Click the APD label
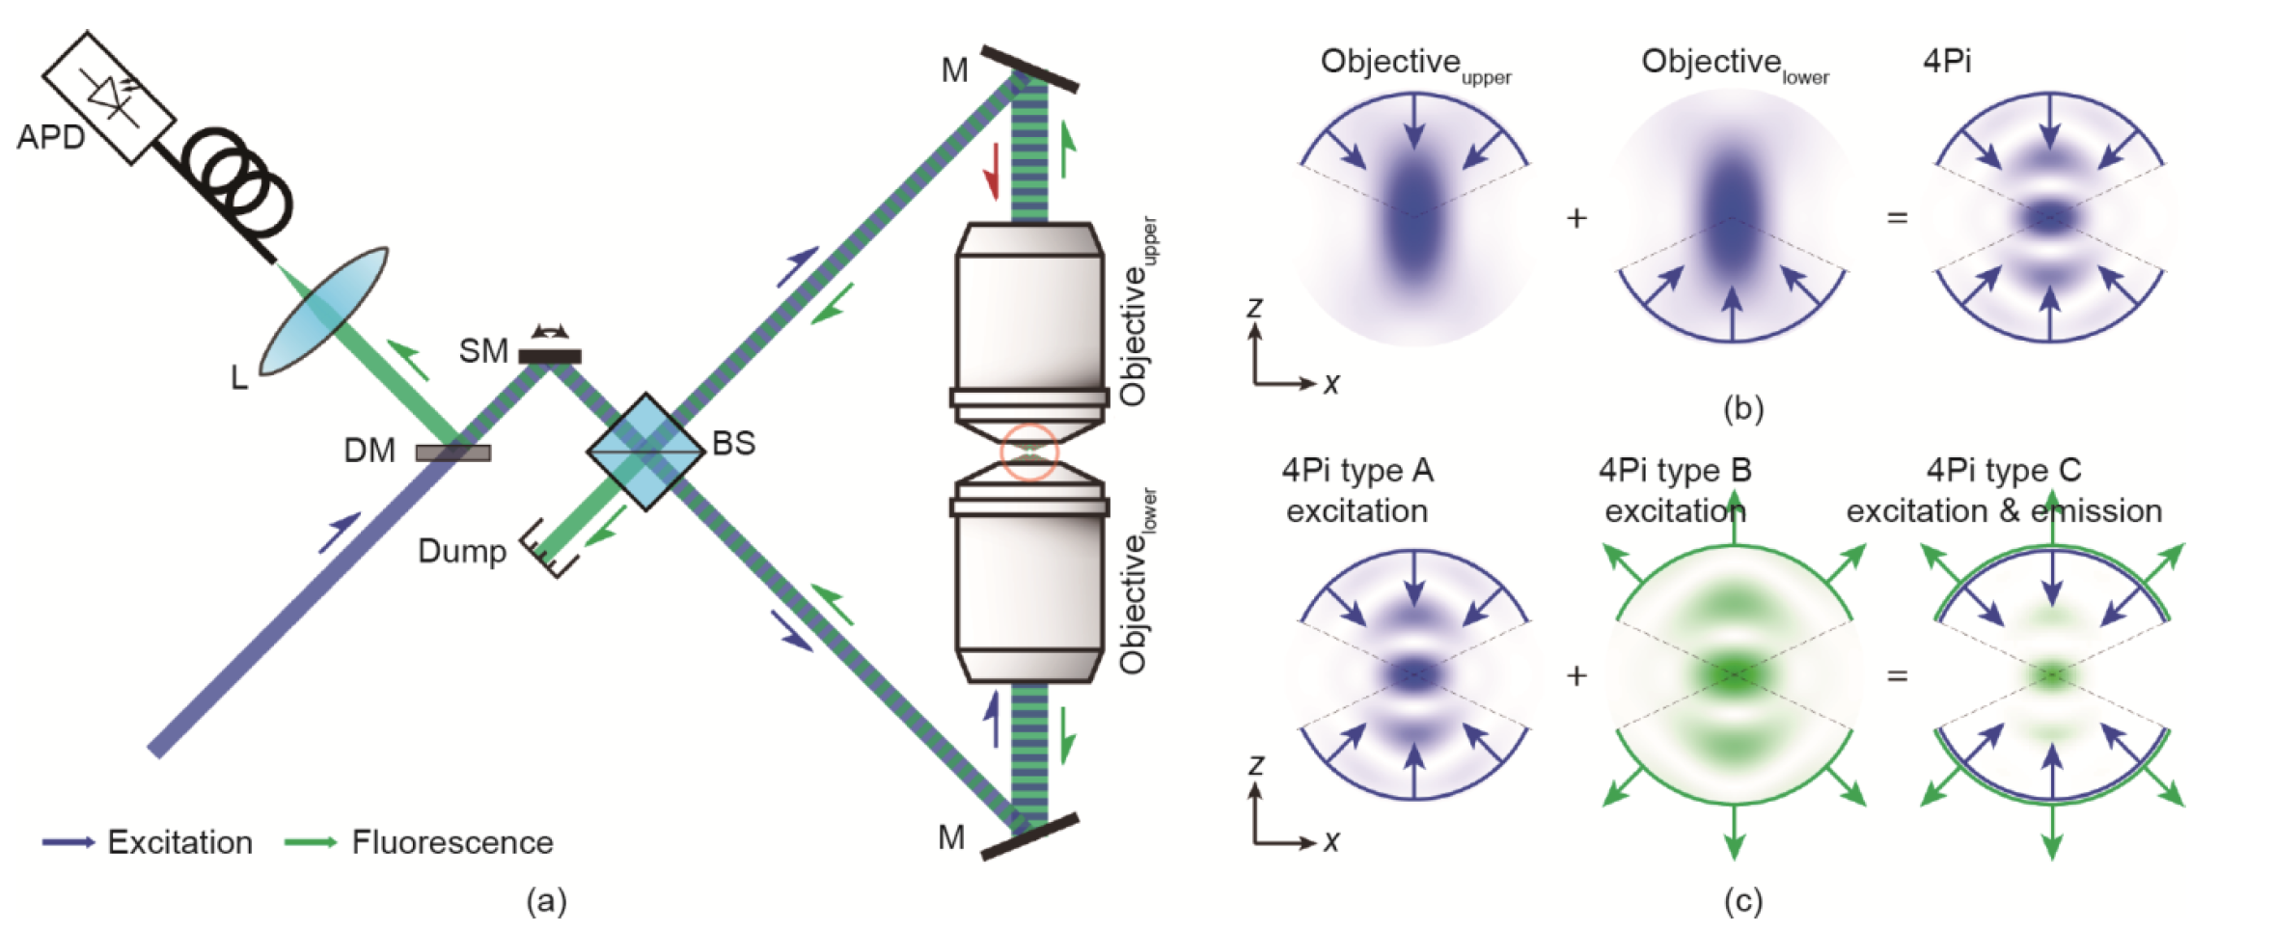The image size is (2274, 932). click(50, 137)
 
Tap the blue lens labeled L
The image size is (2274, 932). click(324, 311)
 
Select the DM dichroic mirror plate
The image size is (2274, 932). click(452, 452)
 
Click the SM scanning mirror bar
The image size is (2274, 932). click(550, 356)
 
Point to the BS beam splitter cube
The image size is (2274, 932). click(645, 451)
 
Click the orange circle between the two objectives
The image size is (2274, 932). click(1029, 452)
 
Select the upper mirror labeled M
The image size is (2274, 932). click(1029, 68)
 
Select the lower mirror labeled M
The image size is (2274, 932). click(1029, 836)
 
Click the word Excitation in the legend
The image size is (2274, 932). click(179, 842)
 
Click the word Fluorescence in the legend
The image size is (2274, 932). click(452, 842)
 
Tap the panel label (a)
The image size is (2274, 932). click(546, 901)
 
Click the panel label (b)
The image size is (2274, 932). click(1743, 409)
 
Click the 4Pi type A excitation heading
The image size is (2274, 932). click(1357, 490)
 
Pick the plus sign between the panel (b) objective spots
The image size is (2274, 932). click(1576, 219)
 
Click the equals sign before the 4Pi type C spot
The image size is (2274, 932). click(1897, 675)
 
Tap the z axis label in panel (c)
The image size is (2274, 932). click(1255, 766)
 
